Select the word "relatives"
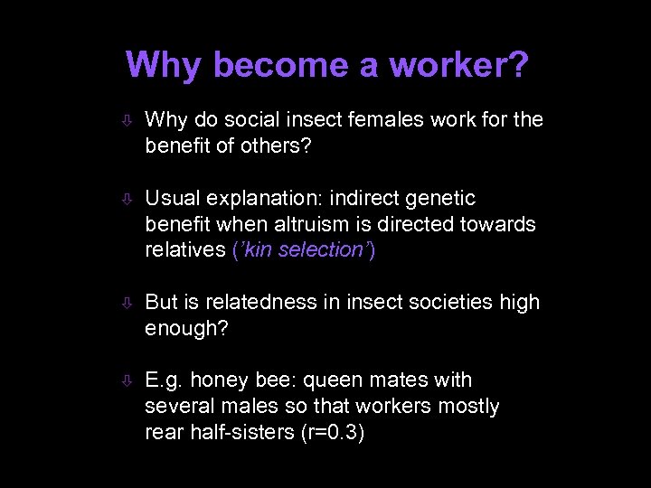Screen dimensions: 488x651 tap(184, 250)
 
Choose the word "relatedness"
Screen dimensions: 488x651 tap(264, 302)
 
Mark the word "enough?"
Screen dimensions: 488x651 tap(187, 328)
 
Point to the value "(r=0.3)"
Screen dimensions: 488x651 tap(333, 433)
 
